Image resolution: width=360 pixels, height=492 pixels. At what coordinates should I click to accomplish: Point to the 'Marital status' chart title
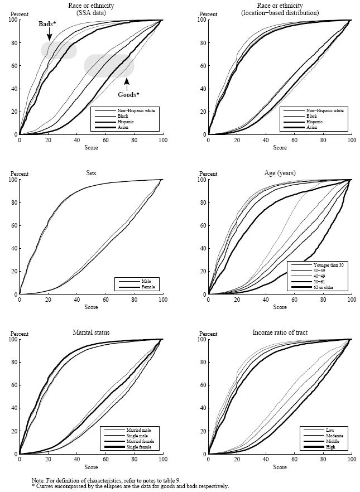pyautogui.click(x=90, y=333)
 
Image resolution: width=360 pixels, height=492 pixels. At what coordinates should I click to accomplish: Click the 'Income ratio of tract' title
pyautogui.click(x=279, y=333)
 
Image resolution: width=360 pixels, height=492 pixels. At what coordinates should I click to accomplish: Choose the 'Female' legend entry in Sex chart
pyautogui.click(x=148, y=287)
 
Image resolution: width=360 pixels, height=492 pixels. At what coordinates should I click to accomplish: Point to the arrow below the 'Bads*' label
pyautogui.click(x=49, y=35)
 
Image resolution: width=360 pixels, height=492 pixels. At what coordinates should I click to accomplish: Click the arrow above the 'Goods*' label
pyautogui.click(x=127, y=84)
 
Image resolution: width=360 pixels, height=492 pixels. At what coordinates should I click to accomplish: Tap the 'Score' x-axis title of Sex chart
pyautogui.click(x=90, y=307)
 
